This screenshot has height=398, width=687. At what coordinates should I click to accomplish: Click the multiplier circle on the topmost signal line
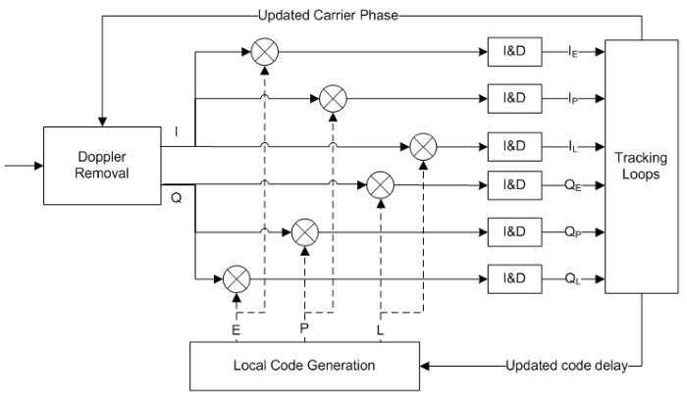264,50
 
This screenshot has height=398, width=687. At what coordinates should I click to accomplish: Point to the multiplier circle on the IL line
423,145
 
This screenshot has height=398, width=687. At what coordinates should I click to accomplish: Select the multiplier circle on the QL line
236,279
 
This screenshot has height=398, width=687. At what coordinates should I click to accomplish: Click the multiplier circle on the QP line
305,232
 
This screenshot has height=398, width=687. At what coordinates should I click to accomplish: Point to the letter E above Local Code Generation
236,331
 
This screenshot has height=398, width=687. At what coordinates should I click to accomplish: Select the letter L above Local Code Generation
380,331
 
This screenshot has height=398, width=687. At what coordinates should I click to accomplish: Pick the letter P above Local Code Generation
305,331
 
